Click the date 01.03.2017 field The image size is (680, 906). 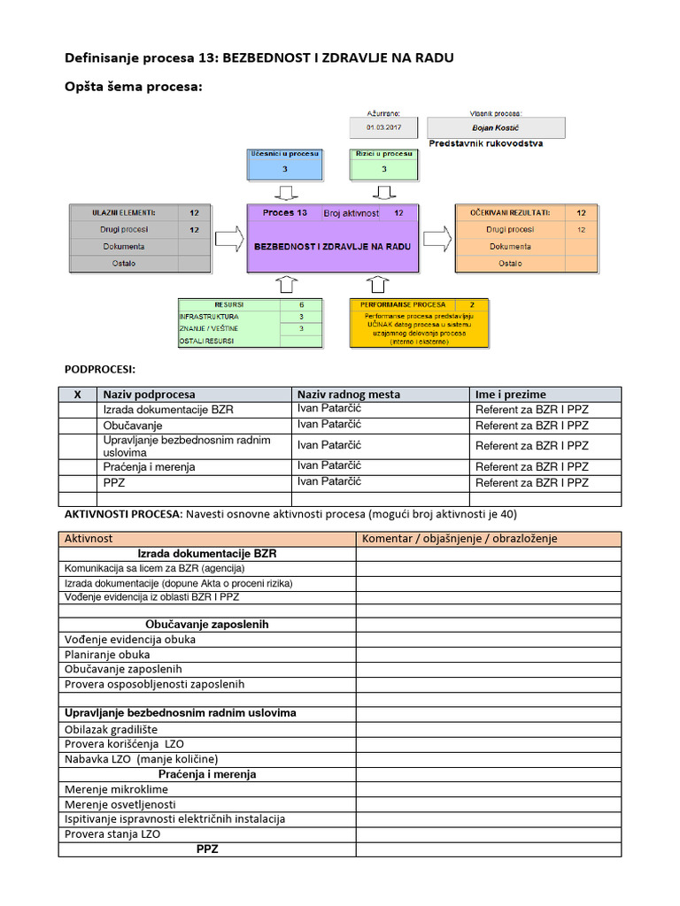click(x=383, y=127)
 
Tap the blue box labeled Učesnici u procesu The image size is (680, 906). click(x=285, y=154)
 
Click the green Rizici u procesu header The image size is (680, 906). click(x=383, y=154)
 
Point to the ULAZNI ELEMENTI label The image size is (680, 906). click(x=124, y=213)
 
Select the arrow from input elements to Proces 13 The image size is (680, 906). click(x=228, y=238)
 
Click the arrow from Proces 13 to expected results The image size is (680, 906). click(x=437, y=238)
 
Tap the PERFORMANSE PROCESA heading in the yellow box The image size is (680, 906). click(x=403, y=304)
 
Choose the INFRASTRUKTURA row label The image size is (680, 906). click(x=209, y=316)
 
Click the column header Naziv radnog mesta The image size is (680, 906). click(x=349, y=395)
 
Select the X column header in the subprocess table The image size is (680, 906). click(x=77, y=395)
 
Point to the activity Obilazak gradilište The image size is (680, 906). click(x=111, y=729)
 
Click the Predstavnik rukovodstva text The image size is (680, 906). click(x=485, y=143)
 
